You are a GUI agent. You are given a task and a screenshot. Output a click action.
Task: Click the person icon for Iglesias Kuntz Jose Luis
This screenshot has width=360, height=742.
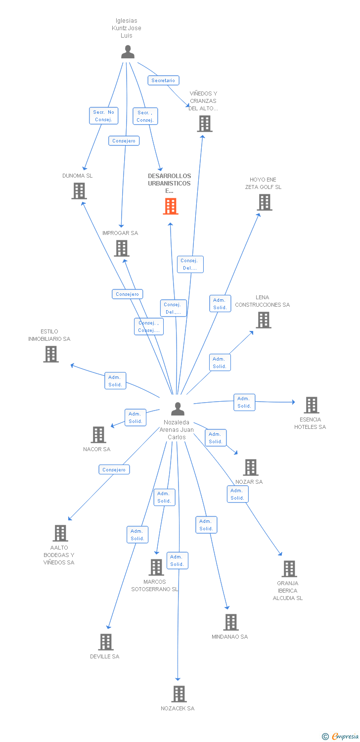[x=128, y=52]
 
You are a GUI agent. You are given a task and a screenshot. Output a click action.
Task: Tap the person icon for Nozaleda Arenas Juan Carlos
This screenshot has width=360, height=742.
[x=178, y=409]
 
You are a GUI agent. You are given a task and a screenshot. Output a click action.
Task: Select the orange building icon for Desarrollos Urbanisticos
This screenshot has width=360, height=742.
[x=171, y=206]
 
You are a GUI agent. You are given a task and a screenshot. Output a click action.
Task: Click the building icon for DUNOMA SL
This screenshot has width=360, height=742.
[x=79, y=191]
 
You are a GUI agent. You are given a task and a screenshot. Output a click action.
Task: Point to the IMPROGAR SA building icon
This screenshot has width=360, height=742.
[x=122, y=248]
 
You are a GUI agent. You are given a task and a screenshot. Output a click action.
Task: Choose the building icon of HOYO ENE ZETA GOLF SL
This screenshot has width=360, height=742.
[x=265, y=202]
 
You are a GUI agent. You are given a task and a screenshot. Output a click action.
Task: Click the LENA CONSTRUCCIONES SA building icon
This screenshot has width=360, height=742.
[x=263, y=320]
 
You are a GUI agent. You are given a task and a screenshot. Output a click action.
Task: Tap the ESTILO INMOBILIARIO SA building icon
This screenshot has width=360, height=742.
[x=51, y=354]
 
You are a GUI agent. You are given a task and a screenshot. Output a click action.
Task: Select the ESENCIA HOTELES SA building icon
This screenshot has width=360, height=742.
[x=311, y=405]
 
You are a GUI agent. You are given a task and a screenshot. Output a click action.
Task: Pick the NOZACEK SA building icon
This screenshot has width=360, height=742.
[x=179, y=694]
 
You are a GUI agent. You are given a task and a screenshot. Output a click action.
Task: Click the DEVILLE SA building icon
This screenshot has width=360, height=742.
[x=106, y=642]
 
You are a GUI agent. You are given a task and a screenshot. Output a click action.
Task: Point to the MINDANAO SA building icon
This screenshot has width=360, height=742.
[x=230, y=622]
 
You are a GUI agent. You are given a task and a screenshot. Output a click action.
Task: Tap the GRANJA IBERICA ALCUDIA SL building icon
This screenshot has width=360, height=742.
[x=289, y=569]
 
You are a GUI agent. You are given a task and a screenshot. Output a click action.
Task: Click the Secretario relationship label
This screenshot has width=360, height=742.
[x=163, y=80]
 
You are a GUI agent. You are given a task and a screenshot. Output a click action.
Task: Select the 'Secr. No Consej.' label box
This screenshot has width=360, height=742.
[x=103, y=116]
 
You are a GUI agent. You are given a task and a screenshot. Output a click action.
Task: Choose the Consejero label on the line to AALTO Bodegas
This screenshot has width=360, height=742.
[x=114, y=469]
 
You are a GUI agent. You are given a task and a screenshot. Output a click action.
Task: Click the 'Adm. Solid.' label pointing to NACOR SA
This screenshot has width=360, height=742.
[x=135, y=417]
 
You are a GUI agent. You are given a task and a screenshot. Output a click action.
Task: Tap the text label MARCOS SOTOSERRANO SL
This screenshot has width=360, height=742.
[x=155, y=585]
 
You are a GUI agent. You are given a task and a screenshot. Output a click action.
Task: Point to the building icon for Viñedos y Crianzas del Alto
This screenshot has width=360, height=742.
[x=205, y=124]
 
